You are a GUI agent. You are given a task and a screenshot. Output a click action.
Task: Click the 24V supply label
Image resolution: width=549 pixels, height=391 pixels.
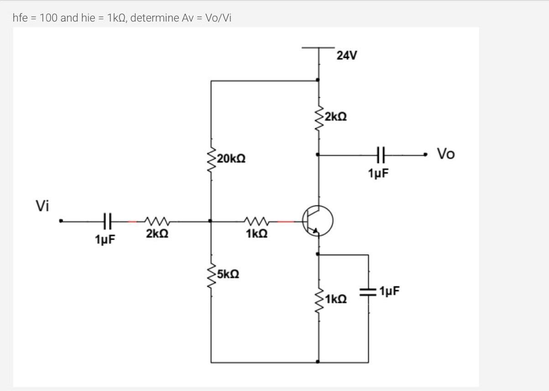click(347, 56)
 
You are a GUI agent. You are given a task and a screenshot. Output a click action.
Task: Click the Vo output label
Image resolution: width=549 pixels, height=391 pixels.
click(446, 154)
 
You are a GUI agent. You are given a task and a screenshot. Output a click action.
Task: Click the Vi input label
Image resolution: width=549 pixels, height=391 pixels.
click(42, 206)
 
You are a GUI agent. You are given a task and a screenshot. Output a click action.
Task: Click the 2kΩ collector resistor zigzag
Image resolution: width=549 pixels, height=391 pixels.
click(319, 116)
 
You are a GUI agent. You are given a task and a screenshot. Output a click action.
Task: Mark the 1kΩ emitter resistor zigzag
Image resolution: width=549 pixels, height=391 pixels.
click(319, 299)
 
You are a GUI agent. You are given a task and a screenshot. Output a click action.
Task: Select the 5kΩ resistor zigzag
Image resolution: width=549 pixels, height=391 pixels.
click(211, 275)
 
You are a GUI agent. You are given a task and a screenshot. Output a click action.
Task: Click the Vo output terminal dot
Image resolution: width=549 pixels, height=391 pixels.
click(425, 155)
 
